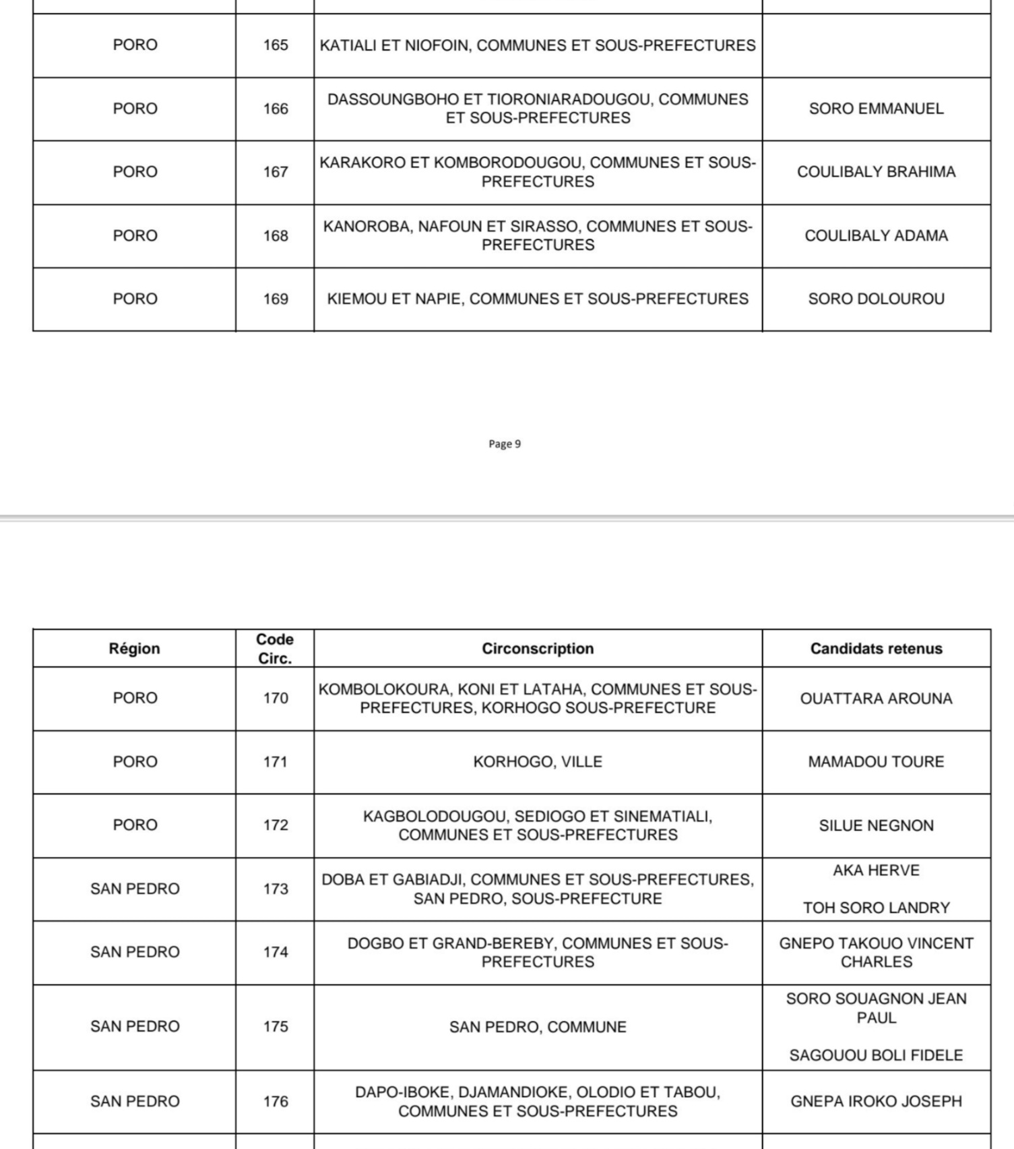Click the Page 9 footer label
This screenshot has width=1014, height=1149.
505,444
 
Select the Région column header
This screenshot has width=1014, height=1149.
135,649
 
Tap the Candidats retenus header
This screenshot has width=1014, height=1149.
876,649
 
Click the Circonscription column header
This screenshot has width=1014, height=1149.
538,649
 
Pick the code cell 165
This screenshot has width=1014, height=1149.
276,45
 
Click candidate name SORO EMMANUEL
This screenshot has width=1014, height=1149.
876,109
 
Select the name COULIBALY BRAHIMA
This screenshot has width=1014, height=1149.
876,172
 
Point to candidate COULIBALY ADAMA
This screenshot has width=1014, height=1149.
876,236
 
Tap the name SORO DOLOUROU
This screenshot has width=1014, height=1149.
876,299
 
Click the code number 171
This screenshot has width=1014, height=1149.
276,762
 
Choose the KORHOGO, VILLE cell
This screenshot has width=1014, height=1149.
538,762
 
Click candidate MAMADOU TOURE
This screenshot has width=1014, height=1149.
876,762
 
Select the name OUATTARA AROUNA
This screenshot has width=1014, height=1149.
876,699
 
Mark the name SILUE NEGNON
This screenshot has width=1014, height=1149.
876,825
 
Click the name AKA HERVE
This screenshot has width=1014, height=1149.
876,871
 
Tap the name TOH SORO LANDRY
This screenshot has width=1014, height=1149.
876,908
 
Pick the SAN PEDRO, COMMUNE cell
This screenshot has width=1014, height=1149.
538,1027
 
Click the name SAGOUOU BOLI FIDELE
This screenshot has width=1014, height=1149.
876,1055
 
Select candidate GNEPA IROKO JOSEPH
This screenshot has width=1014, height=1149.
876,1101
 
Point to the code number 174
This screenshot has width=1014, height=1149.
276,952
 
